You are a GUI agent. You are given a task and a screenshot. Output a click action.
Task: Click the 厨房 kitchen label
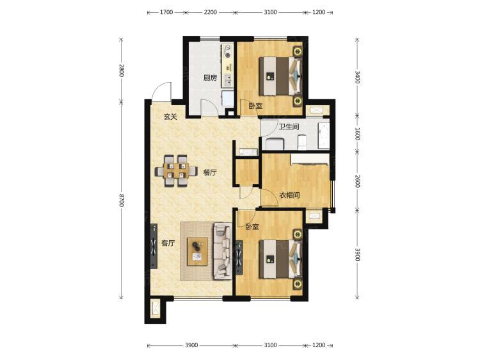pyautogui.click(x=211, y=79)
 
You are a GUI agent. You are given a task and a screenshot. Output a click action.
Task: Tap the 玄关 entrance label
pyautogui.click(x=169, y=117)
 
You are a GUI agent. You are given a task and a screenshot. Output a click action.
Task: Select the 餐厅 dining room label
pyautogui.click(x=211, y=172)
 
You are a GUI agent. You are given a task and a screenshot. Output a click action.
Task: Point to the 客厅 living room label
pyautogui.click(x=168, y=243)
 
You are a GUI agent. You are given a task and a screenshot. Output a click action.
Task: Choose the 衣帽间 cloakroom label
pyautogui.click(x=290, y=195)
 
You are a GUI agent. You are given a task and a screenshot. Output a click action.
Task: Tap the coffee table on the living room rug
pyautogui.click(x=197, y=250)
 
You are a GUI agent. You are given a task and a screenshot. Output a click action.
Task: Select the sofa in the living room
pyautogui.click(x=223, y=250)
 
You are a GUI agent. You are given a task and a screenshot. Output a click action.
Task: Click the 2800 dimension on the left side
pyautogui.click(x=120, y=70)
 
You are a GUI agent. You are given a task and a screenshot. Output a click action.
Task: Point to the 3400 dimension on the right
pyautogui.click(x=357, y=78)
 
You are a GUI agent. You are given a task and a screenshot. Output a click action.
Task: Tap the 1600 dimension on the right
pyautogui.click(x=357, y=134)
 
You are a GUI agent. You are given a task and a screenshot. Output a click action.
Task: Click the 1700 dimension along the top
pyautogui.click(x=166, y=12)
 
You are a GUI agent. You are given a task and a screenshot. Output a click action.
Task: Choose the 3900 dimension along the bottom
pyautogui.click(x=191, y=346)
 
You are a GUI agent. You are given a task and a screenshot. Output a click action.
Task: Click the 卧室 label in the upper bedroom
pyautogui.click(x=255, y=106)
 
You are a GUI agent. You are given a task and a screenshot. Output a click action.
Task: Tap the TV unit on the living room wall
pyautogui.click(x=154, y=247)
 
